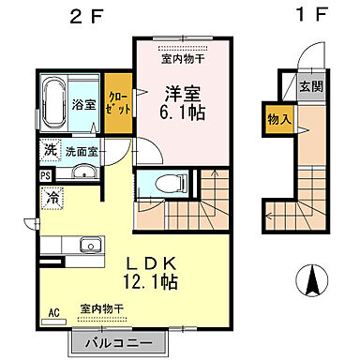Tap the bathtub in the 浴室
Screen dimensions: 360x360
click(52, 103)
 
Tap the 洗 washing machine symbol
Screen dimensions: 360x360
click(46, 148)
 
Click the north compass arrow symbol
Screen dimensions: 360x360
click(313, 279)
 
